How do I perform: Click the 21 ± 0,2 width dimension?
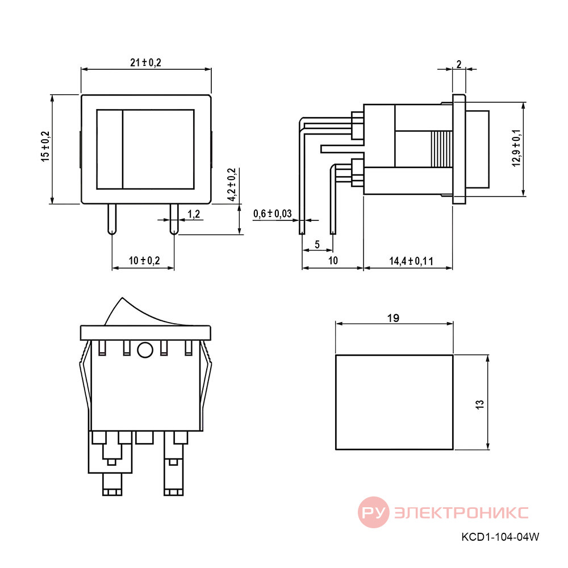pyautogui.click(x=145, y=62)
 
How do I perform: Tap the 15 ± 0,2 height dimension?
pyautogui.click(x=45, y=147)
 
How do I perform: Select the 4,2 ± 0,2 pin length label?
pyautogui.click(x=232, y=185)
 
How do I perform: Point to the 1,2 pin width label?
pyautogui.click(x=194, y=214)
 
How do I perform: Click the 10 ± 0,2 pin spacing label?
pyautogui.click(x=144, y=260)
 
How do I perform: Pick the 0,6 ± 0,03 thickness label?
pyautogui.click(x=273, y=214)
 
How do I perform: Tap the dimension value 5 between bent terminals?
pyautogui.click(x=318, y=244)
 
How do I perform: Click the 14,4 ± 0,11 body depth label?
pyautogui.click(x=411, y=261)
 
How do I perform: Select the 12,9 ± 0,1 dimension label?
pyautogui.click(x=516, y=148)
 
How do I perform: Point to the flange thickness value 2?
pyautogui.click(x=459, y=64)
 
